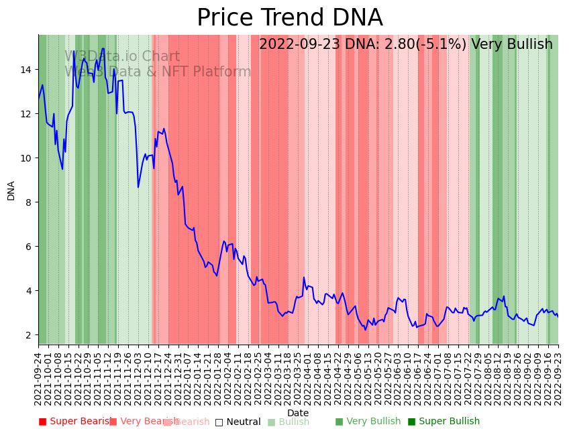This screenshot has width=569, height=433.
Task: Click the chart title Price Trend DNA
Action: tap(289, 18)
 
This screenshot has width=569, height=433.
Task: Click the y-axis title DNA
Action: tap(11, 190)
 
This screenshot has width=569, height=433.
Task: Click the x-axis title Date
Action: tap(298, 413)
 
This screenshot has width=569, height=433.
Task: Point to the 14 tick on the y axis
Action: tap(25, 70)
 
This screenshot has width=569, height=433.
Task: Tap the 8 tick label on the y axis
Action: tap(28, 202)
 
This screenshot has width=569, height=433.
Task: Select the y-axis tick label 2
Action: tap(28, 335)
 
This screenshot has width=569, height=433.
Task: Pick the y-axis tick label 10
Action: tap(25, 158)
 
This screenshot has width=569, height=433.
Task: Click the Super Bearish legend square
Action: tap(43, 422)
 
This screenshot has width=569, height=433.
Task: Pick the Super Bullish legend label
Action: tap(449, 422)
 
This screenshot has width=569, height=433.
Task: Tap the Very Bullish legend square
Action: tap(339, 422)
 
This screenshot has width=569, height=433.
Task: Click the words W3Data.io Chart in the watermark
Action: tap(122, 57)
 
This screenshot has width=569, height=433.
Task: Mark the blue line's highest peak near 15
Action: tap(103, 49)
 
